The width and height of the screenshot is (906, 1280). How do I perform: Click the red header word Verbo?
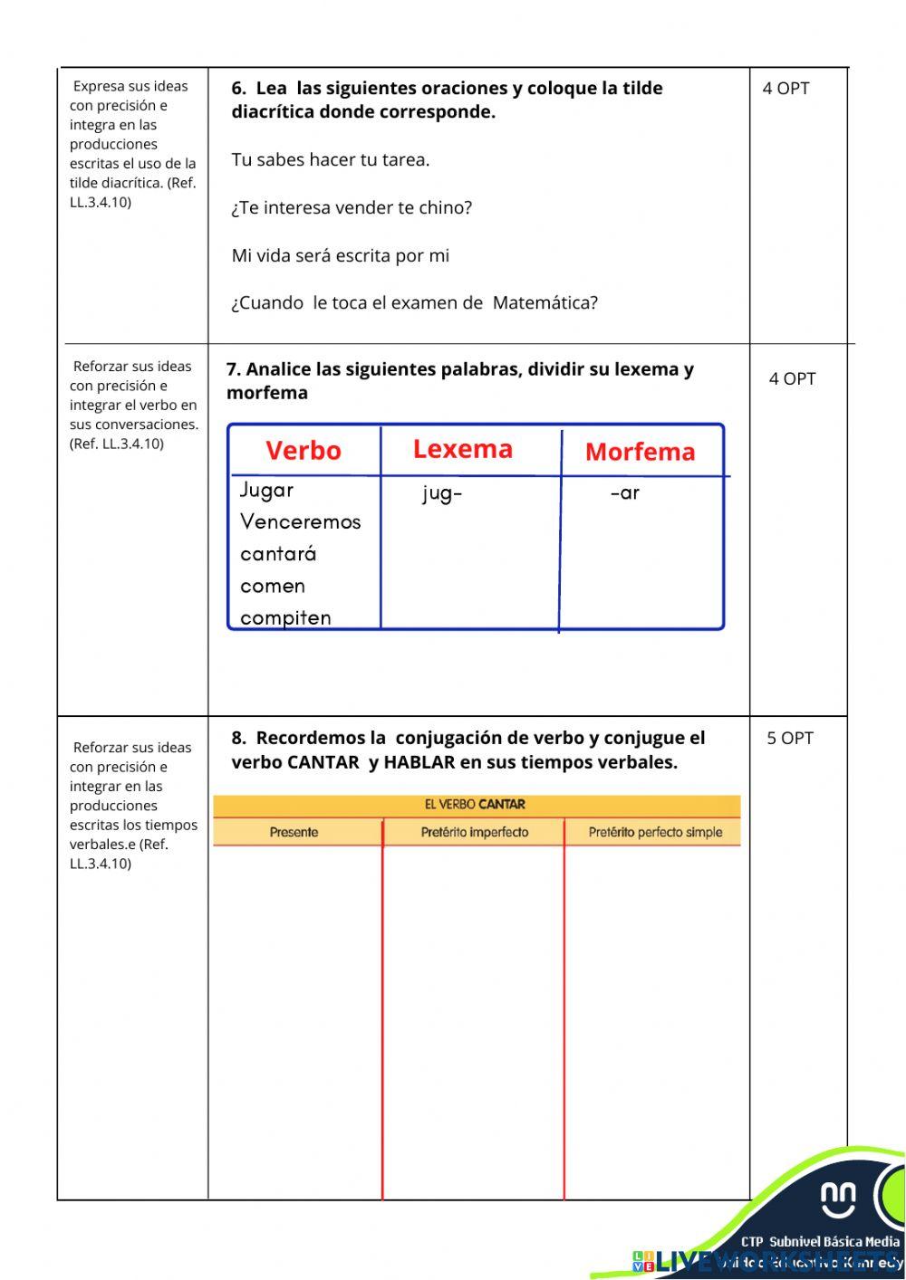[x=303, y=451]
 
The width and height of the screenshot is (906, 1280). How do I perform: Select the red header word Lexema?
[x=462, y=449]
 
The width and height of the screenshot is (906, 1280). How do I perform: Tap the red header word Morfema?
[x=640, y=452]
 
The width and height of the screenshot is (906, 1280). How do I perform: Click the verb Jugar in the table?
[x=266, y=491]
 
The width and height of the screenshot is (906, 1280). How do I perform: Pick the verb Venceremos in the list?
[x=300, y=522]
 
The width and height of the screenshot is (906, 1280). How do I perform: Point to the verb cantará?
[x=277, y=554]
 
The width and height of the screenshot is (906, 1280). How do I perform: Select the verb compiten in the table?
[x=285, y=618]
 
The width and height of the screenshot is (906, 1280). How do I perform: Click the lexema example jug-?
[x=442, y=494]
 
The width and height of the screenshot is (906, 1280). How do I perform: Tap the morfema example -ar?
[x=625, y=494]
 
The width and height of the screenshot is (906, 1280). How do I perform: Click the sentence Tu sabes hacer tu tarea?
[x=330, y=160]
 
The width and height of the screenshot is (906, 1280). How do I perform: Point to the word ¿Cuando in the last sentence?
[x=267, y=303]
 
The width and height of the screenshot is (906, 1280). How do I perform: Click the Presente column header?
[x=294, y=833]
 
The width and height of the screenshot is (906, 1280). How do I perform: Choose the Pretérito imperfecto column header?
[x=474, y=833]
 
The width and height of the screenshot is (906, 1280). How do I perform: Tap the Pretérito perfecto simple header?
[x=655, y=833]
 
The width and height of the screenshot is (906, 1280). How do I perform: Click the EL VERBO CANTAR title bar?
[x=475, y=805]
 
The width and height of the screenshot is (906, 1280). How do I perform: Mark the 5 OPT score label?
[x=790, y=739]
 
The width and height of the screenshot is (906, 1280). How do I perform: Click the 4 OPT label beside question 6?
[x=786, y=89]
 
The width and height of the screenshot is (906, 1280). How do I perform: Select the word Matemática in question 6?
[x=545, y=303]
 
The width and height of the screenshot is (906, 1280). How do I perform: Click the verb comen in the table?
[x=272, y=587]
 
